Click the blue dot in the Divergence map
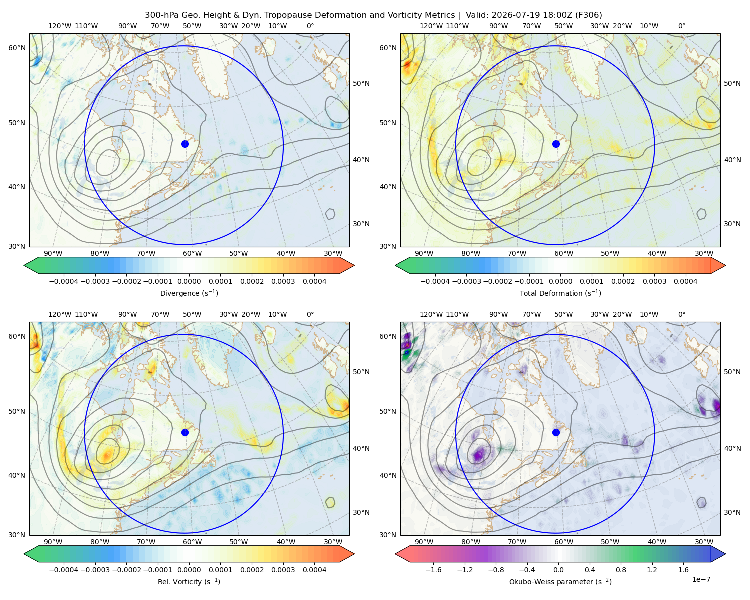[185, 144]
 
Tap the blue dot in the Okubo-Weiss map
[556, 432]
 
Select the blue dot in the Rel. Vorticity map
[185, 432]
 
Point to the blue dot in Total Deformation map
[556, 144]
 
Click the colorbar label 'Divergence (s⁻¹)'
[189, 293]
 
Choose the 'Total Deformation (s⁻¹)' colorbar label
[560, 293]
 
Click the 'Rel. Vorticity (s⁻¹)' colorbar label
[189, 581]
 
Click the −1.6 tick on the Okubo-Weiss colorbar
[433, 569]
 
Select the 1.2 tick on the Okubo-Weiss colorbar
[652, 569]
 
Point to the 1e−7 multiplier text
[701, 579]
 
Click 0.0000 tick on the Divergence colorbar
[189, 281]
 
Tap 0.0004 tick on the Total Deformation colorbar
[685, 281]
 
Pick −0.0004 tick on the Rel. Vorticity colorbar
[64, 569]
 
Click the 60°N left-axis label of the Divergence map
[17, 48]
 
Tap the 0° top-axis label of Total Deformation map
[681, 26]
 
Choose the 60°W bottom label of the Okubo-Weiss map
[563, 542]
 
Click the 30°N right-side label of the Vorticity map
[361, 512]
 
